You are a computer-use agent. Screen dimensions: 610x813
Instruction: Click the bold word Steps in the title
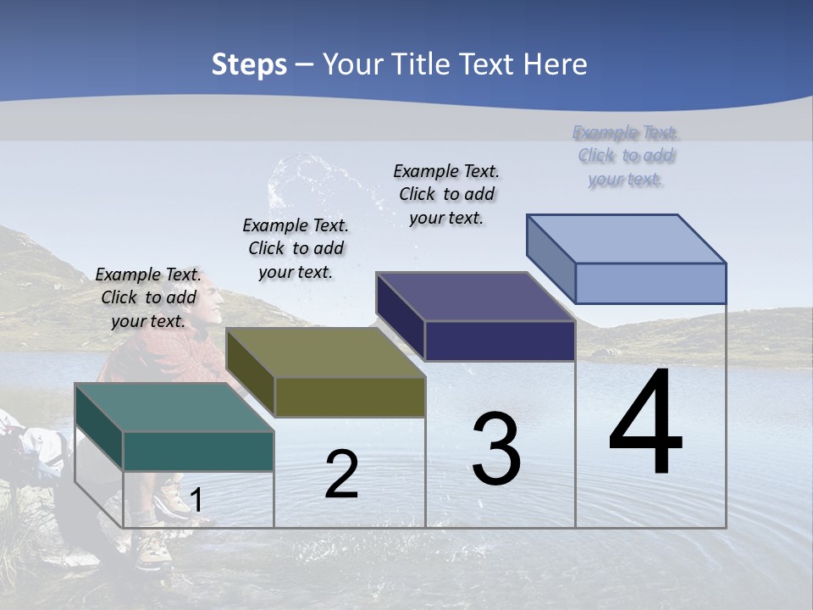[x=249, y=64]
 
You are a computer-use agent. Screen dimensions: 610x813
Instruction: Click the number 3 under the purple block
[x=496, y=449]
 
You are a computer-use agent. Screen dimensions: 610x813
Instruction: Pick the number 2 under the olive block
[x=341, y=474]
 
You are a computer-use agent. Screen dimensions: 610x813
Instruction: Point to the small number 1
[x=196, y=500]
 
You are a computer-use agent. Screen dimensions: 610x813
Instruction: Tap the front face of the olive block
[x=350, y=396]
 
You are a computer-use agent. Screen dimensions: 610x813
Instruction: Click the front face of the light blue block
[x=650, y=283]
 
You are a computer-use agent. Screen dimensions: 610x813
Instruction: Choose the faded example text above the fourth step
[x=625, y=156]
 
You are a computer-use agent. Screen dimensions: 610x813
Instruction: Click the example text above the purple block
[x=446, y=194]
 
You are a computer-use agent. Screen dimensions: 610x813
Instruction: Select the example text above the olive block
[x=296, y=248]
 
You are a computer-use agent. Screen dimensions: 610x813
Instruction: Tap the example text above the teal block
[x=148, y=297]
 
